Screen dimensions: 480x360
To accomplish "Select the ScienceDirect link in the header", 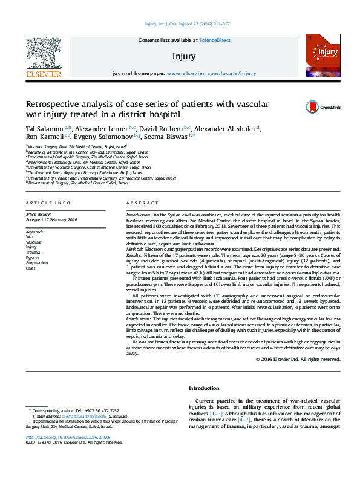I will [215, 40].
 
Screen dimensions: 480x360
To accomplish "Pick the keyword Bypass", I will [32, 258].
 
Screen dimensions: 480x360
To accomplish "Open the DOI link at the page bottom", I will [67, 438].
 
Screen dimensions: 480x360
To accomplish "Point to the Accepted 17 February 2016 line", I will [51, 220].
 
